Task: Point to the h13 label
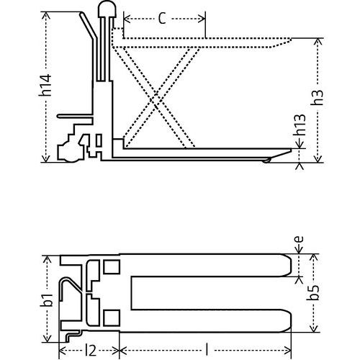tap(317, 133)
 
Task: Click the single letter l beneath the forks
tap(207, 349)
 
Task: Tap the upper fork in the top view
tap(209, 266)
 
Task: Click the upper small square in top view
tap(111, 267)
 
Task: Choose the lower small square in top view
tap(111, 315)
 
